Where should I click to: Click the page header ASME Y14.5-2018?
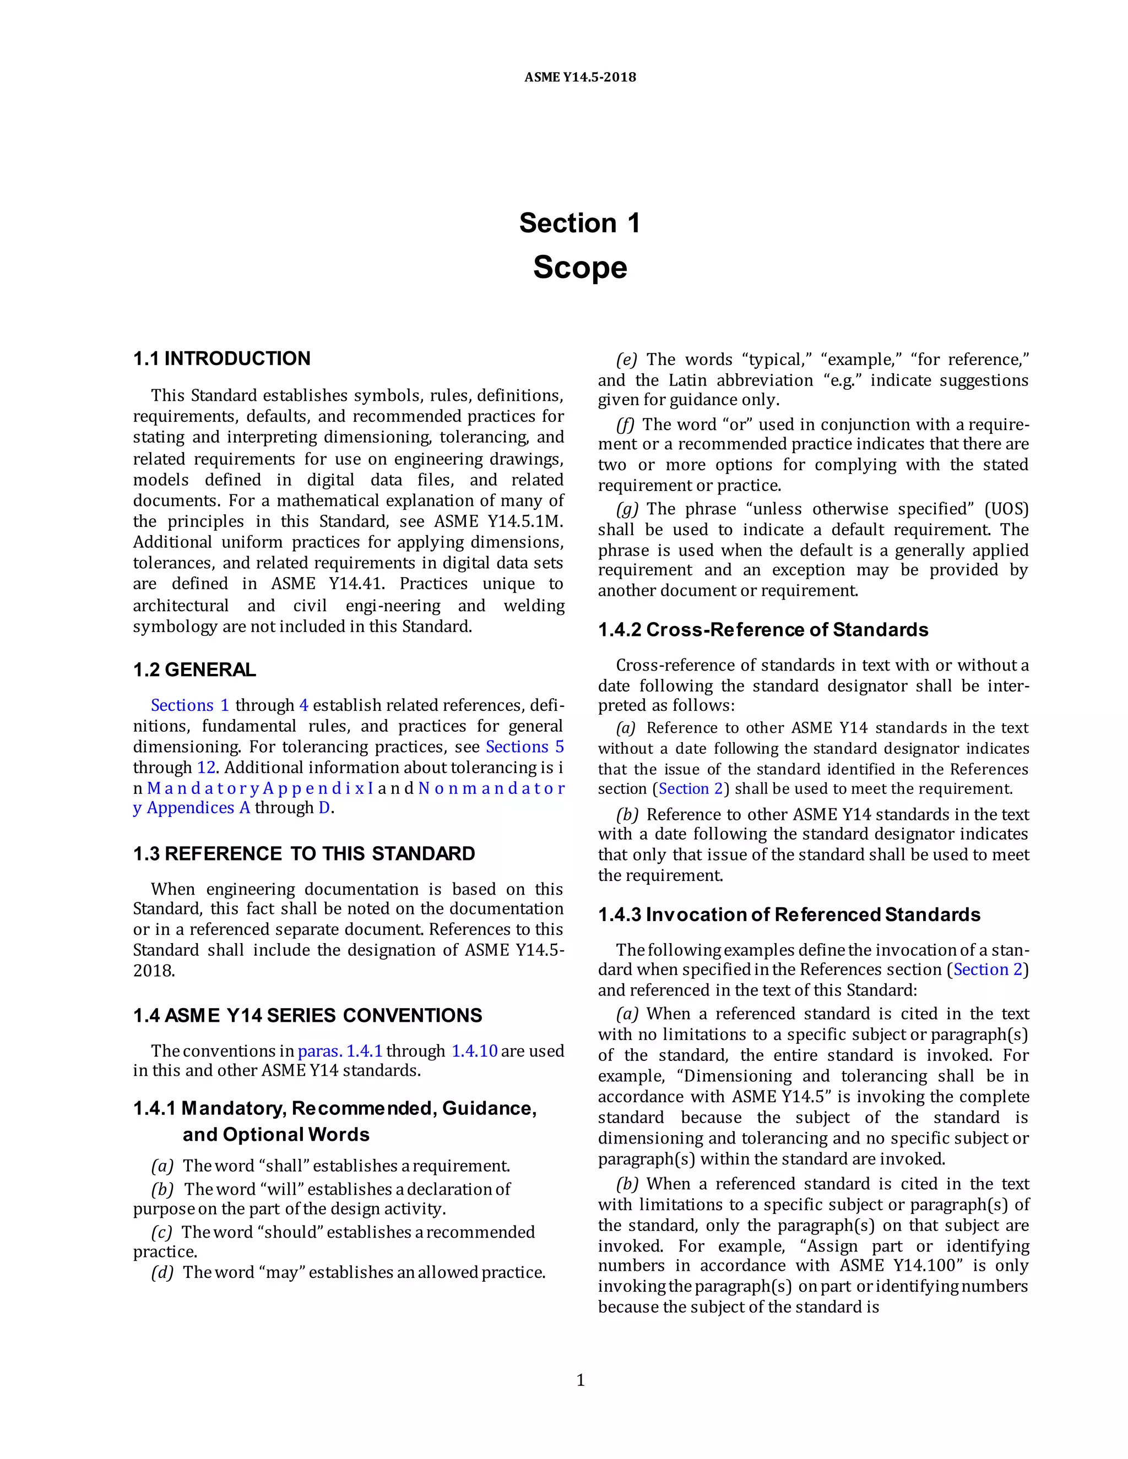click(x=579, y=78)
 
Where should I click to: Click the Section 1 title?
click(x=579, y=223)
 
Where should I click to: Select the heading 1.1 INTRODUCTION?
click(x=221, y=359)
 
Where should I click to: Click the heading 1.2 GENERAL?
click(x=194, y=670)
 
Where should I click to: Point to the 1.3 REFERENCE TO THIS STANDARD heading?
click(x=303, y=854)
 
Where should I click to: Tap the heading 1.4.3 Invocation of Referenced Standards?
click(x=789, y=914)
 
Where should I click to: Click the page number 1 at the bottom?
click(x=580, y=1380)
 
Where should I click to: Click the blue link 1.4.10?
click(x=474, y=1051)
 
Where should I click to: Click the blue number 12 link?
click(x=206, y=767)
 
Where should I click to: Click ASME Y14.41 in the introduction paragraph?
click(x=328, y=584)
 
